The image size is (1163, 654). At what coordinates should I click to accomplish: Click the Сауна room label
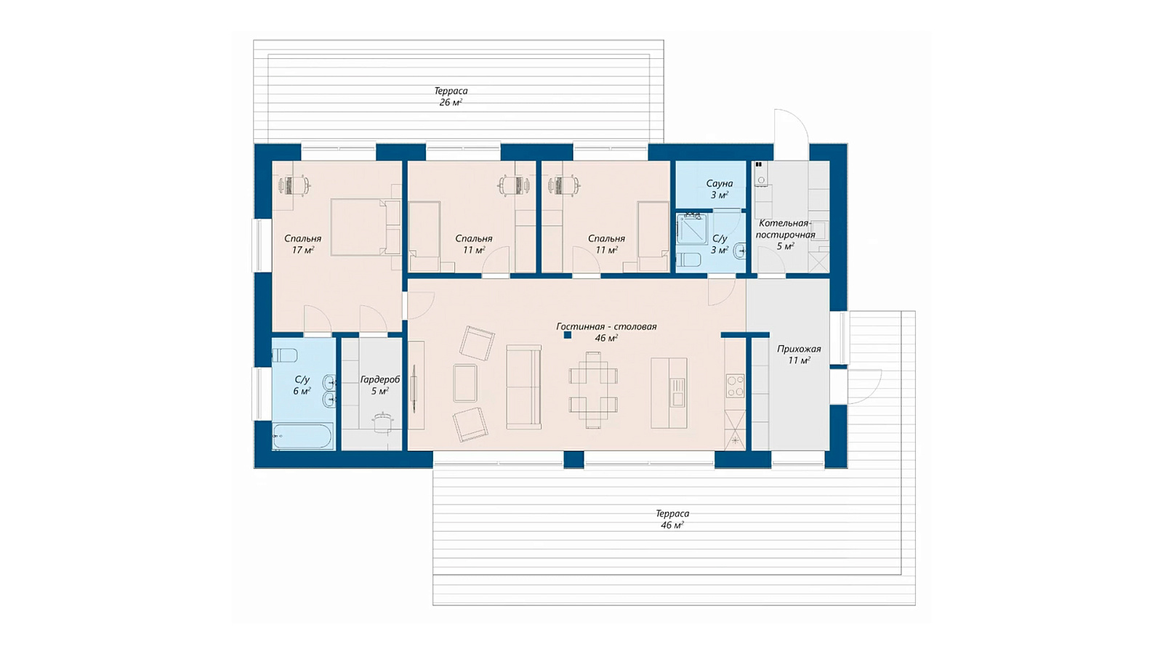[719, 184]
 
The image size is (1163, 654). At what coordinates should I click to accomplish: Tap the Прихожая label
[799, 349]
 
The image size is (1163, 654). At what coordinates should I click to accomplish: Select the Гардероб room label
[380, 380]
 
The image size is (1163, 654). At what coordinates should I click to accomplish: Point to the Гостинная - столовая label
[606, 326]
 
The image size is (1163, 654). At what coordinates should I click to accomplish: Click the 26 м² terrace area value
[451, 102]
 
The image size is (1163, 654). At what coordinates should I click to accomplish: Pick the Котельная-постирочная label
[785, 229]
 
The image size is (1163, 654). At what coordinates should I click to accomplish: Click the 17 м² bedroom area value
[302, 250]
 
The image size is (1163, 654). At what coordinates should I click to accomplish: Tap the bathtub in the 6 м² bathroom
[302, 436]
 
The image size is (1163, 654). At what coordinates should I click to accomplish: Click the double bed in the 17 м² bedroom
[366, 227]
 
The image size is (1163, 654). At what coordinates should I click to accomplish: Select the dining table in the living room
[593, 389]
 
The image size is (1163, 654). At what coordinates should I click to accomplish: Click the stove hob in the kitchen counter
[735, 386]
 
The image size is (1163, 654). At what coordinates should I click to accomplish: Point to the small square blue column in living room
[568, 335]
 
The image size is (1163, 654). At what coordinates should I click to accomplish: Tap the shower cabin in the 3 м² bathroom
[692, 228]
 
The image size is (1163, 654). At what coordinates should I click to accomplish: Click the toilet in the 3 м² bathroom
[688, 259]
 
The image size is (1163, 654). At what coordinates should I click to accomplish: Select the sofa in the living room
[524, 387]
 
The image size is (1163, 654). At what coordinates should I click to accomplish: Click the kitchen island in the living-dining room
[669, 393]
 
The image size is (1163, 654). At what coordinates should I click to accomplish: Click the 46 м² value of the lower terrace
[672, 525]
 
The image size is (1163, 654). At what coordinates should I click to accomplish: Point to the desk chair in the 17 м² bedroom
[305, 185]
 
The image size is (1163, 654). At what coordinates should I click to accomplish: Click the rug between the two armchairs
[465, 383]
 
